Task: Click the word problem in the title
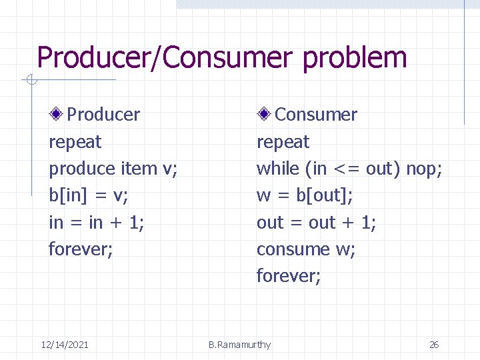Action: click(355, 58)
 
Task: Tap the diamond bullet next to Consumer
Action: click(265, 115)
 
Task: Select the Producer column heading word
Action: click(103, 115)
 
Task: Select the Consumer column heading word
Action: click(316, 115)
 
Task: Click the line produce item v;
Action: click(113, 169)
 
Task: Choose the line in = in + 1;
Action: click(97, 222)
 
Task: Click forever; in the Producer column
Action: click(81, 249)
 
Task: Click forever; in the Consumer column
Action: click(289, 275)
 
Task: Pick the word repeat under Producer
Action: click(75, 142)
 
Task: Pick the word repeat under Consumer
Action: click(283, 142)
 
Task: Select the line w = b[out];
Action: click(305, 195)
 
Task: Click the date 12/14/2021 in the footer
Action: click(65, 345)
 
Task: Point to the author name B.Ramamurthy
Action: click(239, 345)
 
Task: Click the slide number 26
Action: click(434, 345)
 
